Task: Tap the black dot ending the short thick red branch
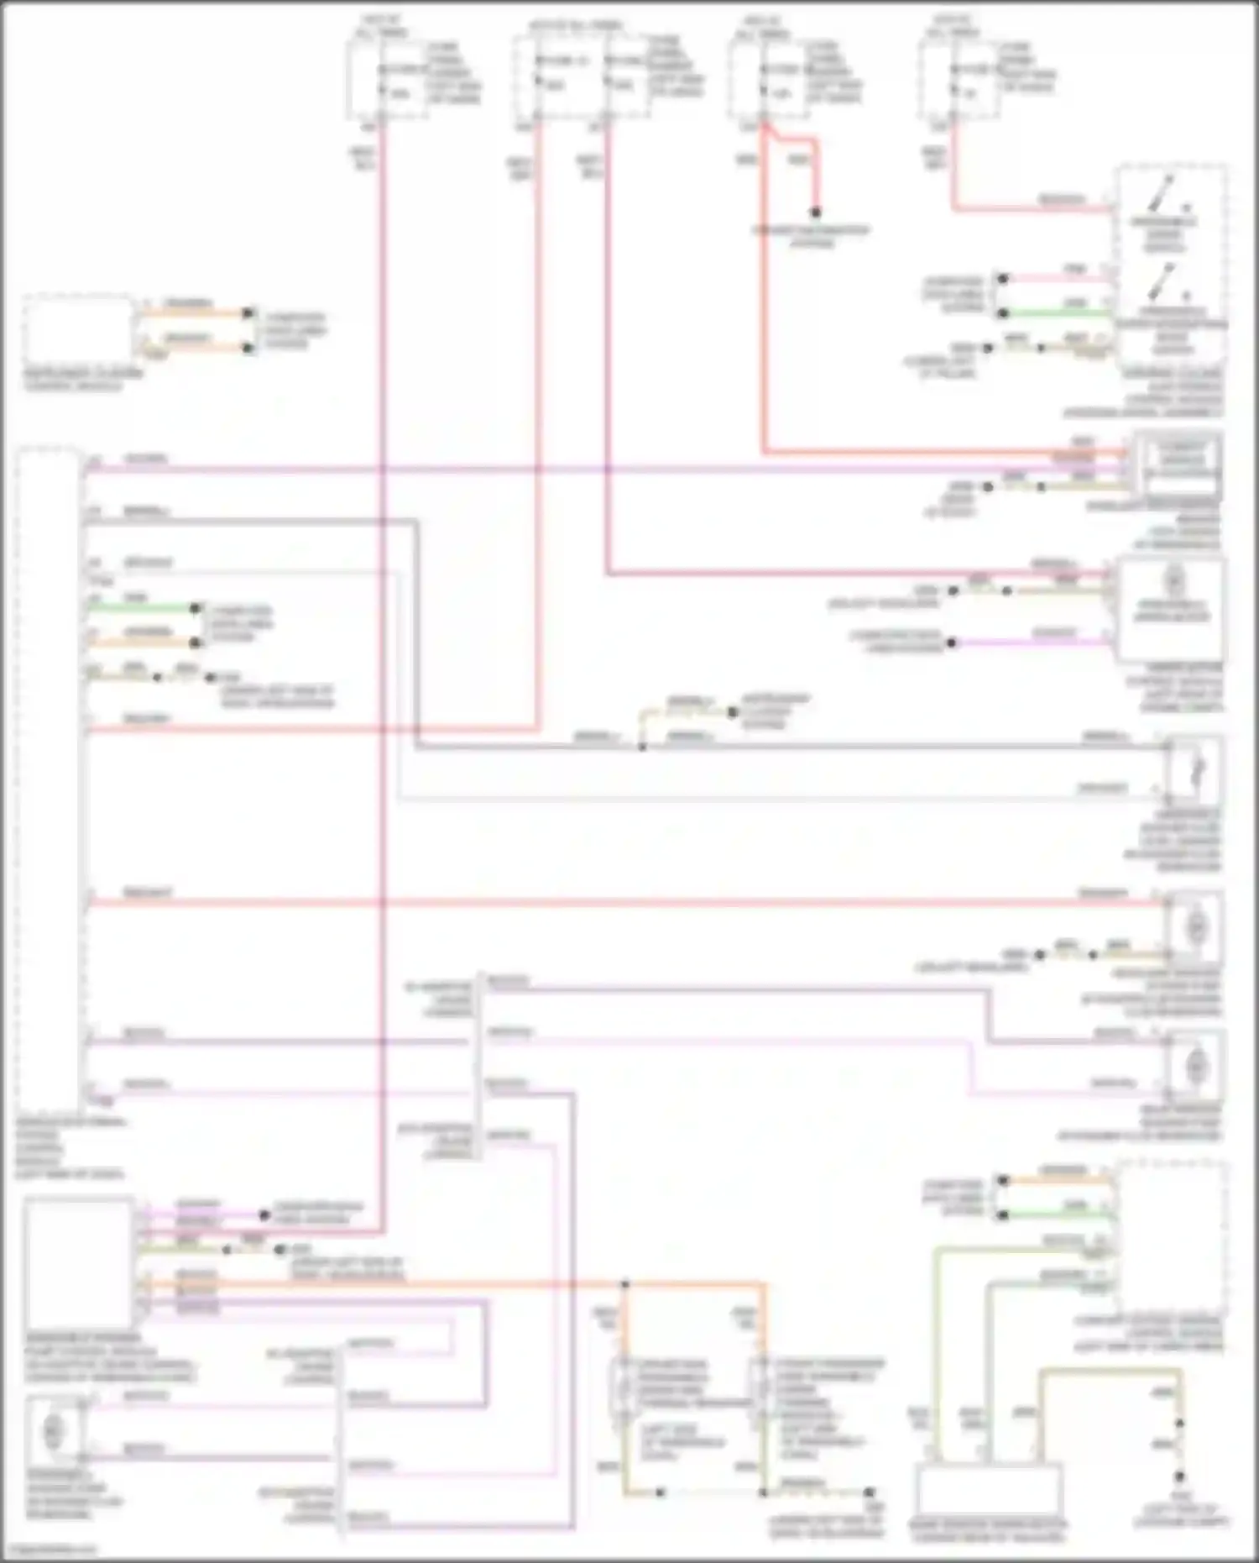tap(814, 212)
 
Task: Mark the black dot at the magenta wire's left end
tap(952, 643)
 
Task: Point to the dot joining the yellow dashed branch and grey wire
tap(642, 747)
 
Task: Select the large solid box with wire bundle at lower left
tap(79, 1262)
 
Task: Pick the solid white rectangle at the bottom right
tap(989, 1490)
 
